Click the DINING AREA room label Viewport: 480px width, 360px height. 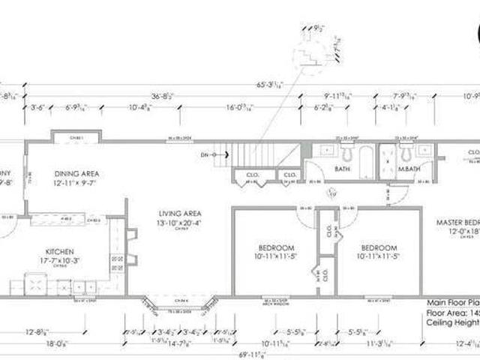coord(76,174)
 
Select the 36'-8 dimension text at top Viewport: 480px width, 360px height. coord(163,96)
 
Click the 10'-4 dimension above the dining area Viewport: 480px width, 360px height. coord(142,107)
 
